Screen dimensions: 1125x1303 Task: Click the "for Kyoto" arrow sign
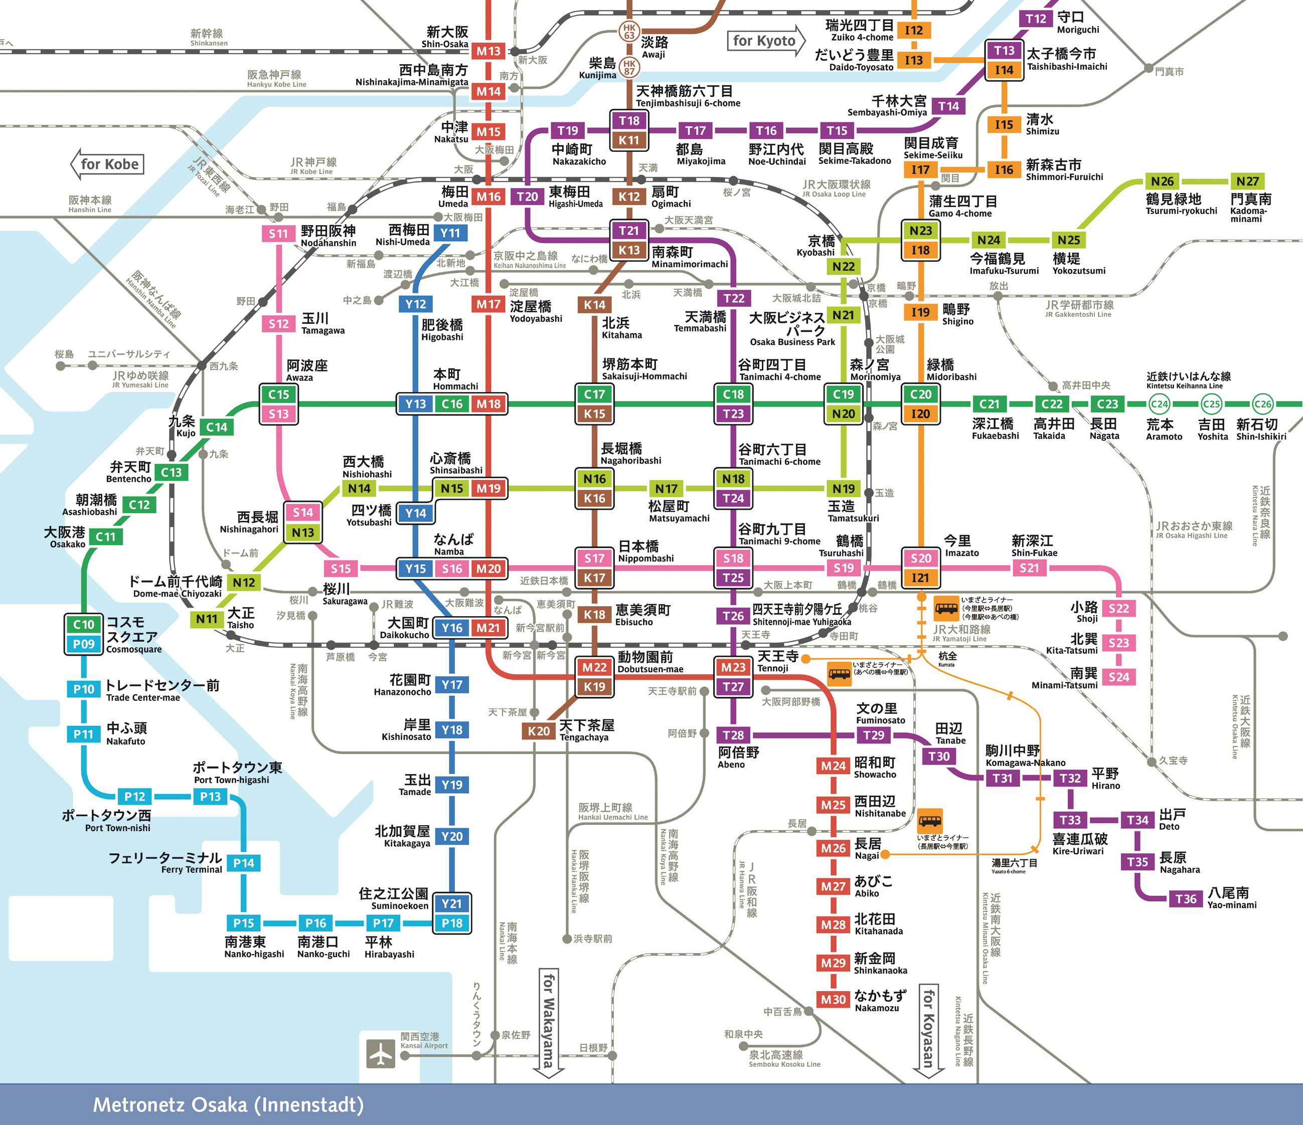[765, 41]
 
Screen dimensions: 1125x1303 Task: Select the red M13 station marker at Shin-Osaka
[488, 51]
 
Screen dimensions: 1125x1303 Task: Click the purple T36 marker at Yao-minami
[1186, 899]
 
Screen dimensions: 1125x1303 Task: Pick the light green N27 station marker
[1248, 181]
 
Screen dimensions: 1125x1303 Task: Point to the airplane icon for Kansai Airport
[381, 1053]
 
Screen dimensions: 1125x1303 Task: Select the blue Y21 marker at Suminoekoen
[451, 903]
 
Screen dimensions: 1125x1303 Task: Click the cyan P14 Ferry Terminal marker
[243, 863]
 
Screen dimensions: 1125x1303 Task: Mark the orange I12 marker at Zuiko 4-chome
[914, 30]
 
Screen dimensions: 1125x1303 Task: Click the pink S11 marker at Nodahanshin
[278, 234]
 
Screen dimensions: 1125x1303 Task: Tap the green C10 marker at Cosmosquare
[84, 624]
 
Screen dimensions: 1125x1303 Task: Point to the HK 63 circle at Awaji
[629, 31]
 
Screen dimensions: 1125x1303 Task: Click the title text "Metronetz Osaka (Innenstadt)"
[228, 1105]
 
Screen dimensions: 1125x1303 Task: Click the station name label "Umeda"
[453, 204]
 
